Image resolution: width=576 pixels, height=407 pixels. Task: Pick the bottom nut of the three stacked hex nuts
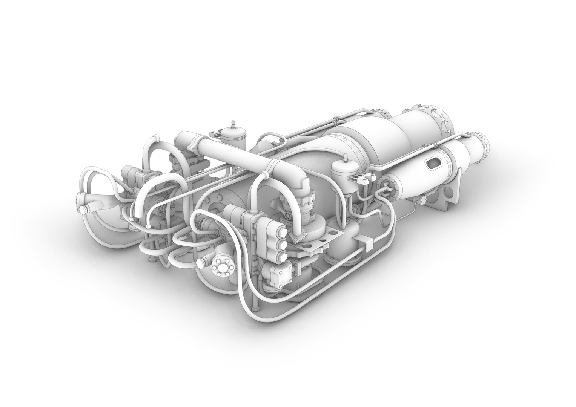tap(279, 257)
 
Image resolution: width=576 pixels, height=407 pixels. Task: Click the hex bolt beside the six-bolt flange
tap(203, 261)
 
